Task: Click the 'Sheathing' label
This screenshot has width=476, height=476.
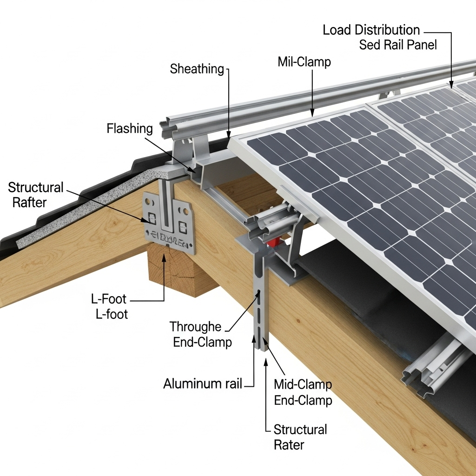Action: tap(197, 69)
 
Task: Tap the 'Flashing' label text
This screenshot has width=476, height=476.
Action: tap(129, 128)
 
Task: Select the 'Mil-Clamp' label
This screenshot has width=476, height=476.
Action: tap(304, 61)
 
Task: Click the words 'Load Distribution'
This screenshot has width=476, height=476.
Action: tap(371, 31)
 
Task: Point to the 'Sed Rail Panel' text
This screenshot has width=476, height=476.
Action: tap(398, 46)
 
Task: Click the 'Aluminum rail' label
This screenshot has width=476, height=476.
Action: tap(203, 383)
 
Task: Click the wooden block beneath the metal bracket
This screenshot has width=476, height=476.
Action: tap(176, 267)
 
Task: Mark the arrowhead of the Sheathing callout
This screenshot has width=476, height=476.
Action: tap(229, 135)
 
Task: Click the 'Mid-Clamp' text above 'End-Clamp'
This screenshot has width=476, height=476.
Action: tap(303, 384)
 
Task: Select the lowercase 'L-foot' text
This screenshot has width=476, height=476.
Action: tap(112, 314)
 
